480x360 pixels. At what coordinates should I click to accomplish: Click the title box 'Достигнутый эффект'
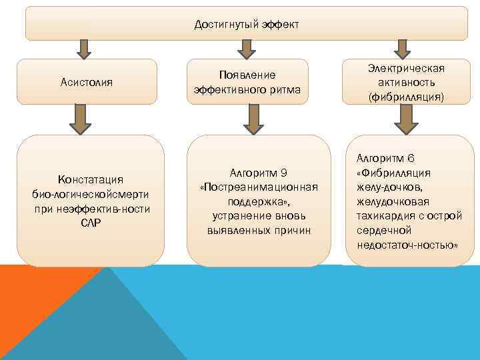click(x=246, y=24)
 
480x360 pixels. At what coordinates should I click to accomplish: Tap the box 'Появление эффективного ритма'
click(x=247, y=82)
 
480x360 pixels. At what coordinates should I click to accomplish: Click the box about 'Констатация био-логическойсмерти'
click(x=90, y=201)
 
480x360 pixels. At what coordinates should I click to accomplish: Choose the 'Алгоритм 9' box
click(x=258, y=201)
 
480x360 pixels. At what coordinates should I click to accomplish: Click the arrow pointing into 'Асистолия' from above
click(x=85, y=49)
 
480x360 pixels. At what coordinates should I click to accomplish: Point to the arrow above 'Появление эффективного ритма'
click(x=247, y=49)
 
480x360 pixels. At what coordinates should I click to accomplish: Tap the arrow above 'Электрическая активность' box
click(x=401, y=49)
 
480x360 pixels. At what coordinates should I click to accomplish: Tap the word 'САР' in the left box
click(x=90, y=223)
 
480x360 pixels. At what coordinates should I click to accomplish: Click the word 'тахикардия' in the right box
click(x=385, y=215)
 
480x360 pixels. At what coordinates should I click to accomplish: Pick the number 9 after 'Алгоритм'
click(x=283, y=171)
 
